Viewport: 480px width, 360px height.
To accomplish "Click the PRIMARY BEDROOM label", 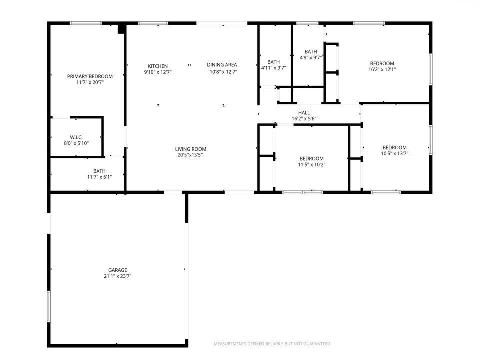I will pos(90,76).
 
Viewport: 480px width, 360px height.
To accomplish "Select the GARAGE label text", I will pos(118,270).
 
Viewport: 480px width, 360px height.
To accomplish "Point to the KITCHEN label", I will pos(158,66).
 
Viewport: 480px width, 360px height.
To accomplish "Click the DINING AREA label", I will pos(222,64).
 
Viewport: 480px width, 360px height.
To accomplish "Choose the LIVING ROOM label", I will pos(190,149).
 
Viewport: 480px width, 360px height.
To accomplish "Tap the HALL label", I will pos(304,113).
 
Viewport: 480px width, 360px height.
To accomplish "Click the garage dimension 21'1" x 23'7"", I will pos(118,276).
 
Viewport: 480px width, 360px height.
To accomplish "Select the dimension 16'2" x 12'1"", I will pos(382,69).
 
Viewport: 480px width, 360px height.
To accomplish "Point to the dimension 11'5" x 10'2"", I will pos(311,164).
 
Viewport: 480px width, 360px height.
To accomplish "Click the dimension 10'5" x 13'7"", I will pos(394,153).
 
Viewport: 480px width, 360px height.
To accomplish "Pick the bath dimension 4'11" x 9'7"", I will pos(273,68).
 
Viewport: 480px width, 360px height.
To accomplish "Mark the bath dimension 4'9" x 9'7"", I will pos(311,57).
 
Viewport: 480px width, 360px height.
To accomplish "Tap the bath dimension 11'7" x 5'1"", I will pos(99,177).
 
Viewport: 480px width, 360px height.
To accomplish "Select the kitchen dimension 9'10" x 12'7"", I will pos(158,72).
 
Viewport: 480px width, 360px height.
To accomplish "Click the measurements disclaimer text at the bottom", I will pos(272,344).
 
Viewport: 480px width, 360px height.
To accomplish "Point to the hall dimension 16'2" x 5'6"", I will pos(304,119).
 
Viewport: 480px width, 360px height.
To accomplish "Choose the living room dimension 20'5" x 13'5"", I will pos(190,155).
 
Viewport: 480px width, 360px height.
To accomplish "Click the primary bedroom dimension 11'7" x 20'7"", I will pos(90,82).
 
